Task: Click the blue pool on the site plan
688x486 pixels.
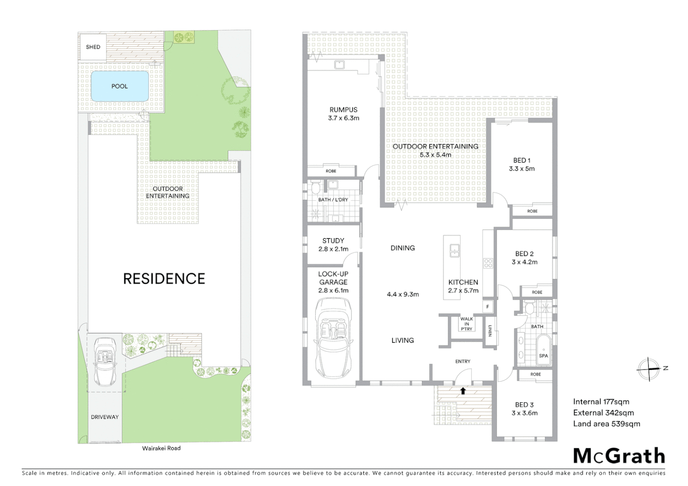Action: coord(119,86)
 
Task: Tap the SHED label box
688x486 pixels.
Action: coord(93,47)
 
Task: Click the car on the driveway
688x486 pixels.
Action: coord(105,362)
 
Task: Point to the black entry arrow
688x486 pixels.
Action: coord(463,391)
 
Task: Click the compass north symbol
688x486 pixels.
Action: coord(649,369)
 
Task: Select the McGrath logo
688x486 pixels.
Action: coord(619,456)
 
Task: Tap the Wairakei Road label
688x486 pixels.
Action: coord(161,448)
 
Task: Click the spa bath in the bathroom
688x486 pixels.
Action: coord(543,351)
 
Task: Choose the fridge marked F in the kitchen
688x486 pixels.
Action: coord(488,307)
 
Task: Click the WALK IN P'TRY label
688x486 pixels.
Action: coord(466,324)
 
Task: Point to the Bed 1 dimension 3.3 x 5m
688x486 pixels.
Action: coord(522,169)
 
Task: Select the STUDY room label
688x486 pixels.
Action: coord(333,241)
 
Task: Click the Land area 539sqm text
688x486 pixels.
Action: coord(606,423)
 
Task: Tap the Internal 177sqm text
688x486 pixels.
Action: coord(601,402)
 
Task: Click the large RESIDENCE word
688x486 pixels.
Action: coord(164,279)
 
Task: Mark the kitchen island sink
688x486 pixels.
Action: coord(454,251)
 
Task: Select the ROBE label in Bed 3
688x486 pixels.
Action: coord(535,374)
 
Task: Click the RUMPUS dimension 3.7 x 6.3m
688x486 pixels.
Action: coord(344,118)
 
